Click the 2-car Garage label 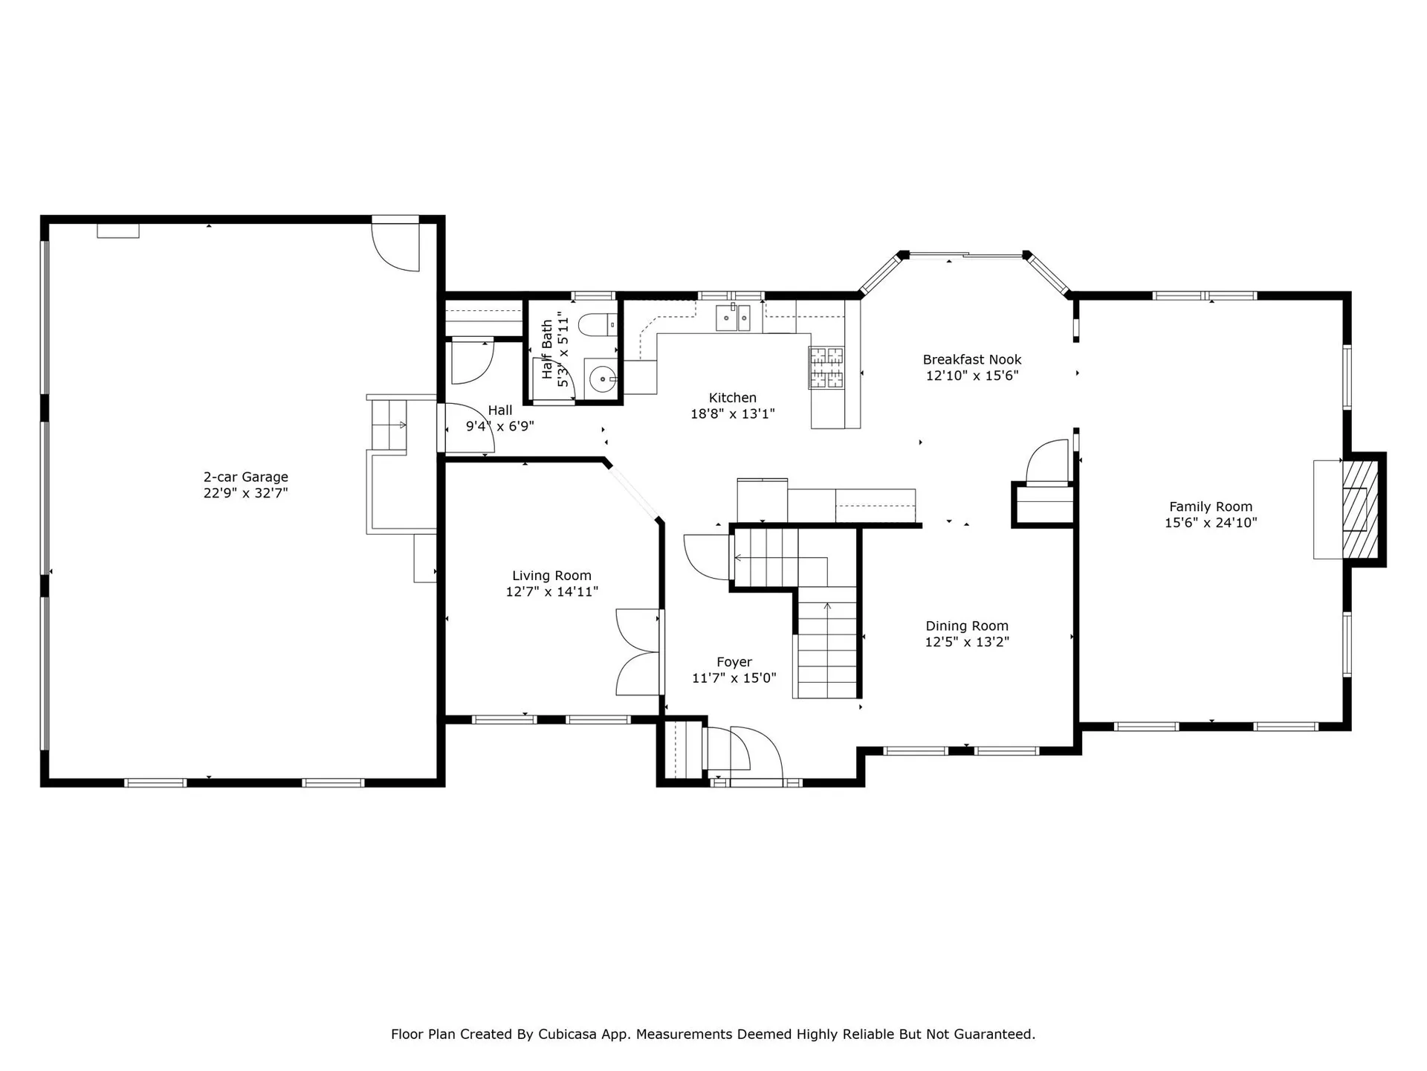coord(245,477)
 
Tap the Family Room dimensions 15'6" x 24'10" coord(1210,523)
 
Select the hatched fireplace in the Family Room coord(1360,509)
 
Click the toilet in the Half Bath coord(598,324)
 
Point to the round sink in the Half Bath coord(601,379)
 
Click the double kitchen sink coord(734,318)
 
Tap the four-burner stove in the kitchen coord(826,367)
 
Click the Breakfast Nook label coord(971,359)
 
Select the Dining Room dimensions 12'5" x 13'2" coord(966,642)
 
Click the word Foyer coord(734,662)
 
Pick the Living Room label coord(551,576)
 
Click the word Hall coord(499,411)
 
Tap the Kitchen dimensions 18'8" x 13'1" coord(732,414)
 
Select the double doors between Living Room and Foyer coord(638,652)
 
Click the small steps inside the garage coord(389,425)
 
